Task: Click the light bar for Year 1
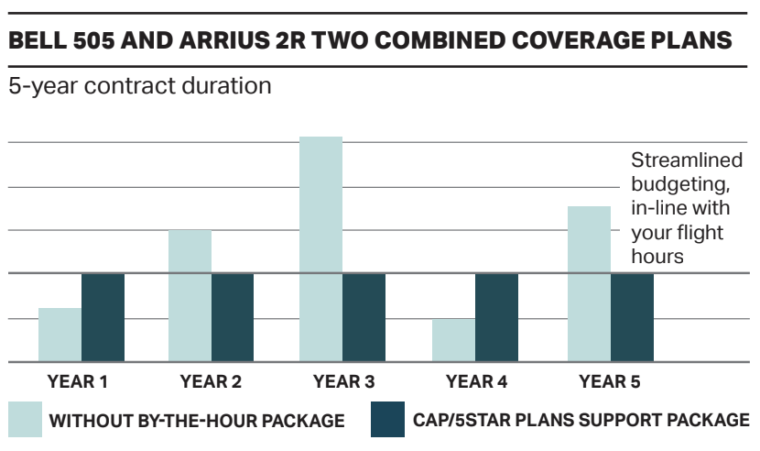click(x=60, y=335)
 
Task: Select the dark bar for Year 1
click(x=103, y=317)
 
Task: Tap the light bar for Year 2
click(x=190, y=295)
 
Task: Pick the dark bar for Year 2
click(x=233, y=317)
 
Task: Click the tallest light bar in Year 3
click(x=320, y=249)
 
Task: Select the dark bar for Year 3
click(x=364, y=317)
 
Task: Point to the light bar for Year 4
click(x=453, y=340)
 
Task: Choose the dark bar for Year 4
click(x=496, y=317)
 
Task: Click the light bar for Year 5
click(x=589, y=284)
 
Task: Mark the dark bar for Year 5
click(x=632, y=317)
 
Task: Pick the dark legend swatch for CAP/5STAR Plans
click(x=387, y=420)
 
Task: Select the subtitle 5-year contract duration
click(x=139, y=88)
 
